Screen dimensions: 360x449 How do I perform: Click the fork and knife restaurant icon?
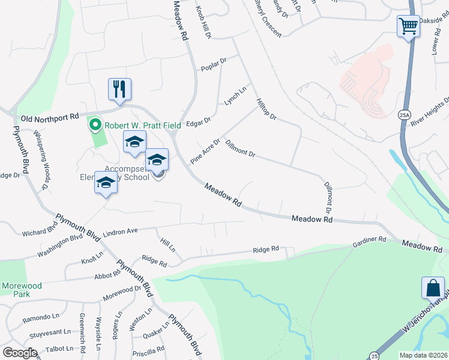[x=120, y=89]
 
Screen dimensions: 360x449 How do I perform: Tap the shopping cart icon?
[x=408, y=27]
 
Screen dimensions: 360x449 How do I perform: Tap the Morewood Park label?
[x=21, y=290]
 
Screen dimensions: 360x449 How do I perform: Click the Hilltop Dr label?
[x=265, y=109]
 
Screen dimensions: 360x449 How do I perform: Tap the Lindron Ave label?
[x=121, y=230]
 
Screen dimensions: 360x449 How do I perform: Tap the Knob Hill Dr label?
[x=204, y=23]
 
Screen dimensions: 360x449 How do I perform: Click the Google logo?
[x=19, y=353]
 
